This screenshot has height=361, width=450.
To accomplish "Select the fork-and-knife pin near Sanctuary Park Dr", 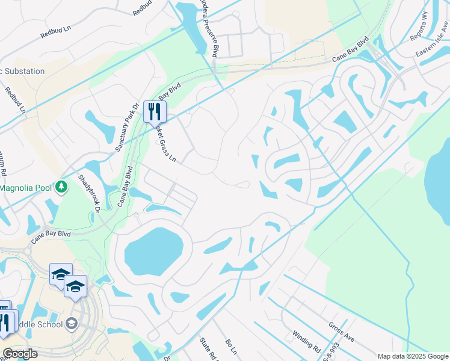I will click(155, 111).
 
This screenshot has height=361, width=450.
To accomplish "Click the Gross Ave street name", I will click(341, 333).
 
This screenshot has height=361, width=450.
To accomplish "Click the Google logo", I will click(20, 354).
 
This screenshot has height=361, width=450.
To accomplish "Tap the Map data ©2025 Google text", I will click(413, 356).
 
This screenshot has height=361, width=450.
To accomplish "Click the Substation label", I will click(23, 71).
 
